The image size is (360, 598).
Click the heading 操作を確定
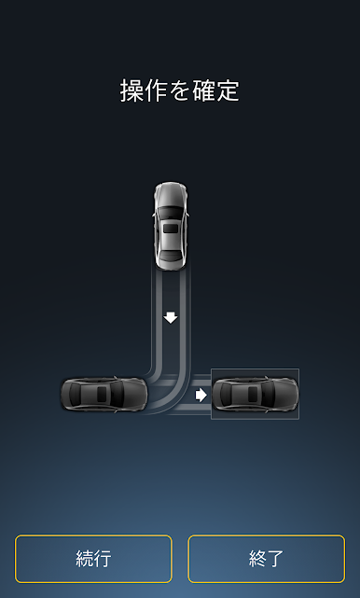[x=180, y=90]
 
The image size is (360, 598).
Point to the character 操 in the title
[x=132, y=90]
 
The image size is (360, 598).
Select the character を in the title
[x=179, y=91]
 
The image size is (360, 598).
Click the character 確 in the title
[x=203, y=90]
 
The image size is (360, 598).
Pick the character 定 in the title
[x=228, y=90]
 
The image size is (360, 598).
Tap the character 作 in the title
[x=156, y=90]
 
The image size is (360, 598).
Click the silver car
[x=171, y=227]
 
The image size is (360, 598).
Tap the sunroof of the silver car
[x=171, y=229]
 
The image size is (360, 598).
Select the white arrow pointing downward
[x=171, y=318]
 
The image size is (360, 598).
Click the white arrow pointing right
[x=201, y=396]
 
